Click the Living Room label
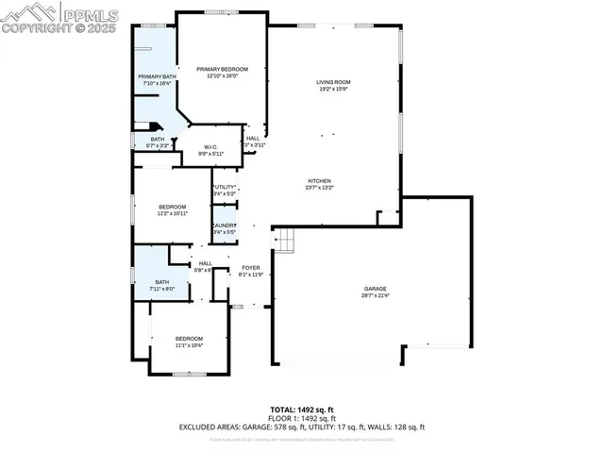(x=332, y=83)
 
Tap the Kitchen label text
(x=318, y=180)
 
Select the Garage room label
(x=376, y=289)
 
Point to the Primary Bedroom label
(x=222, y=70)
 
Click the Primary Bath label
(x=157, y=76)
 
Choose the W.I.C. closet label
(x=211, y=146)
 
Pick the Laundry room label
(x=224, y=226)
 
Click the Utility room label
(x=224, y=188)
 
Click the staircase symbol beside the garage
(x=285, y=243)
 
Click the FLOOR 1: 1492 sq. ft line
(x=302, y=418)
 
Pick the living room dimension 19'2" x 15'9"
(x=332, y=90)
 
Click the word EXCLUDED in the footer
(x=202, y=427)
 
